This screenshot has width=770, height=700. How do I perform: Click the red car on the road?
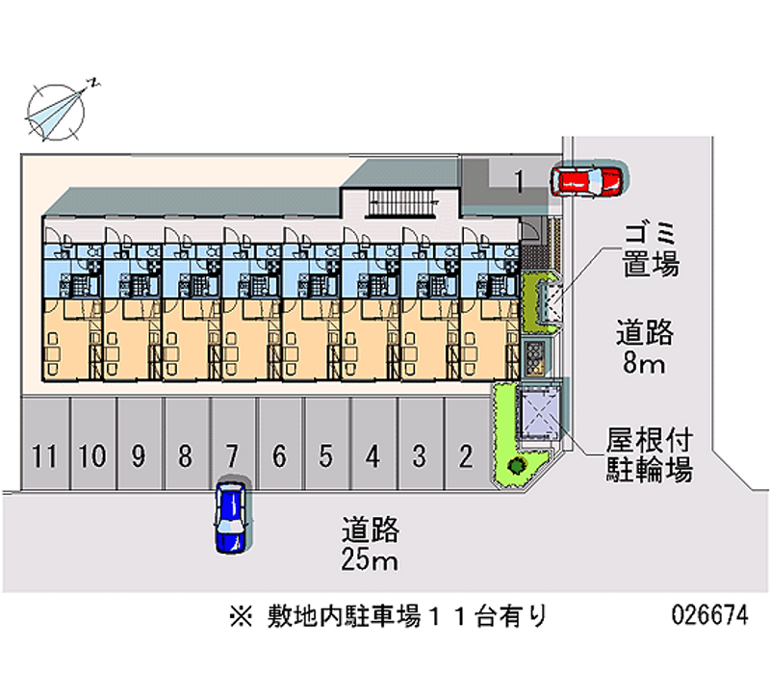click(586, 180)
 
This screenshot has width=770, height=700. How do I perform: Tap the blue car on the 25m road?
click(231, 516)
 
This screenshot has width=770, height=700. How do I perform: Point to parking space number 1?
click(518, 179)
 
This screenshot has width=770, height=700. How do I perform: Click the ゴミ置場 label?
click(652, 247)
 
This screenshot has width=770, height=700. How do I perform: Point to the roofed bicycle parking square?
click(540, 411)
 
